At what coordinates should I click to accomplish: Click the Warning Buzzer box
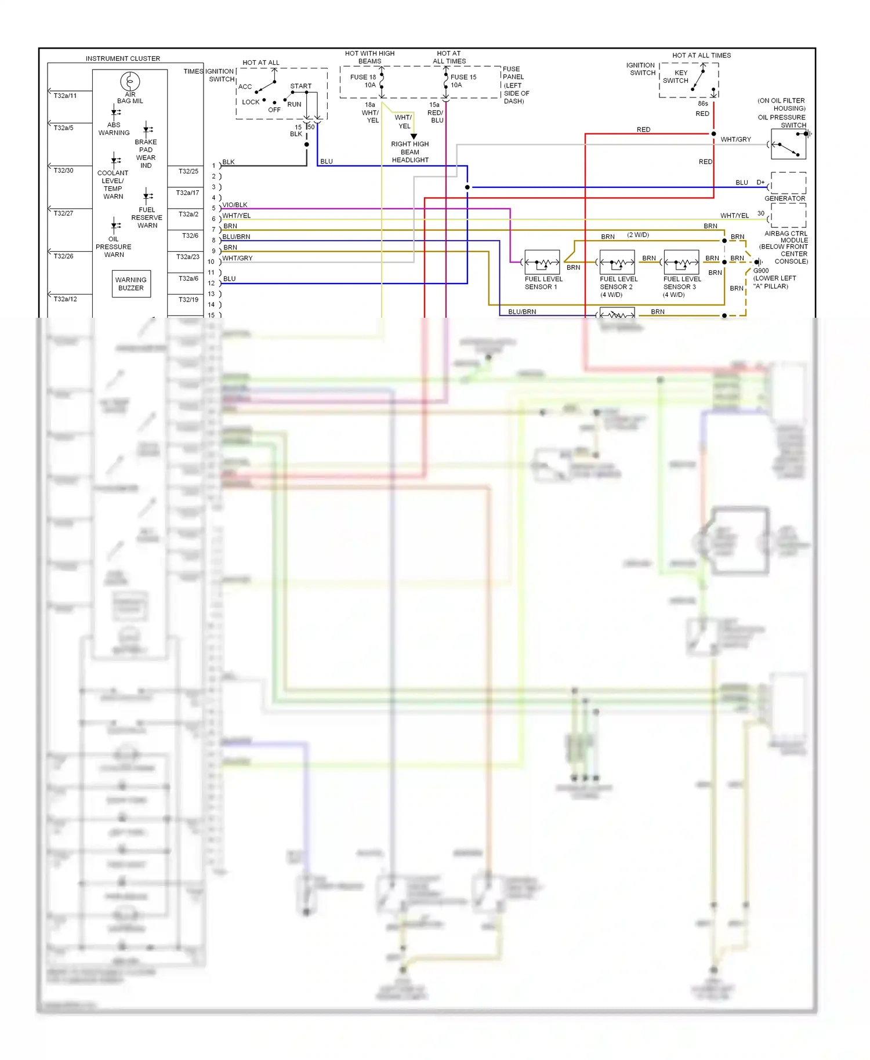click(x=131, y=284)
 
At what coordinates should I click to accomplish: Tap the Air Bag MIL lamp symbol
click(x=130, y=81)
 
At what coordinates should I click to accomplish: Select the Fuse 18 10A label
click(x=363, y=81)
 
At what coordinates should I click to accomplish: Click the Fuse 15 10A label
click(x=463, y=81)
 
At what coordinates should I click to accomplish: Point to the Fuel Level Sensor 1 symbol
click(x=542, y=263)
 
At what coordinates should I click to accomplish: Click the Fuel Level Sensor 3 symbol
click(x=681, y=263)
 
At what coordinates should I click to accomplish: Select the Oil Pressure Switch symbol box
click(x=789, y=145)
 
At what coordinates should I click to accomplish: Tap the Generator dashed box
click(x=788, y=183)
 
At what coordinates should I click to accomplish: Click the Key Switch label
click(x=676, y=77)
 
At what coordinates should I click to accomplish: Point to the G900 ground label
click(x=760, y=271)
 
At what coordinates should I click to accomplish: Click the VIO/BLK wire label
click(x=235, y=205)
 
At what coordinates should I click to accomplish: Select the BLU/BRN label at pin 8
click(x=236, y=237)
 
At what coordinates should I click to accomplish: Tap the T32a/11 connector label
click(x=65, y=96)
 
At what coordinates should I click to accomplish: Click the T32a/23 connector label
click(x=187, y=256)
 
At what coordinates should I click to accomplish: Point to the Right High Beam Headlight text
click(x=409, y=152)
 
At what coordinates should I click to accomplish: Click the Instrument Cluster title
click(x=123, y=59)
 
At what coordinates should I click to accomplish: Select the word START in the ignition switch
click(x=300, y=86)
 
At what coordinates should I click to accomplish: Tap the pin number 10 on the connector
click(x=211, y=262)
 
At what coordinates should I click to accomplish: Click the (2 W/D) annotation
click(x=638, y=235)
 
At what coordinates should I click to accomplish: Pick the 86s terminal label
click(x=702, y=104)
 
